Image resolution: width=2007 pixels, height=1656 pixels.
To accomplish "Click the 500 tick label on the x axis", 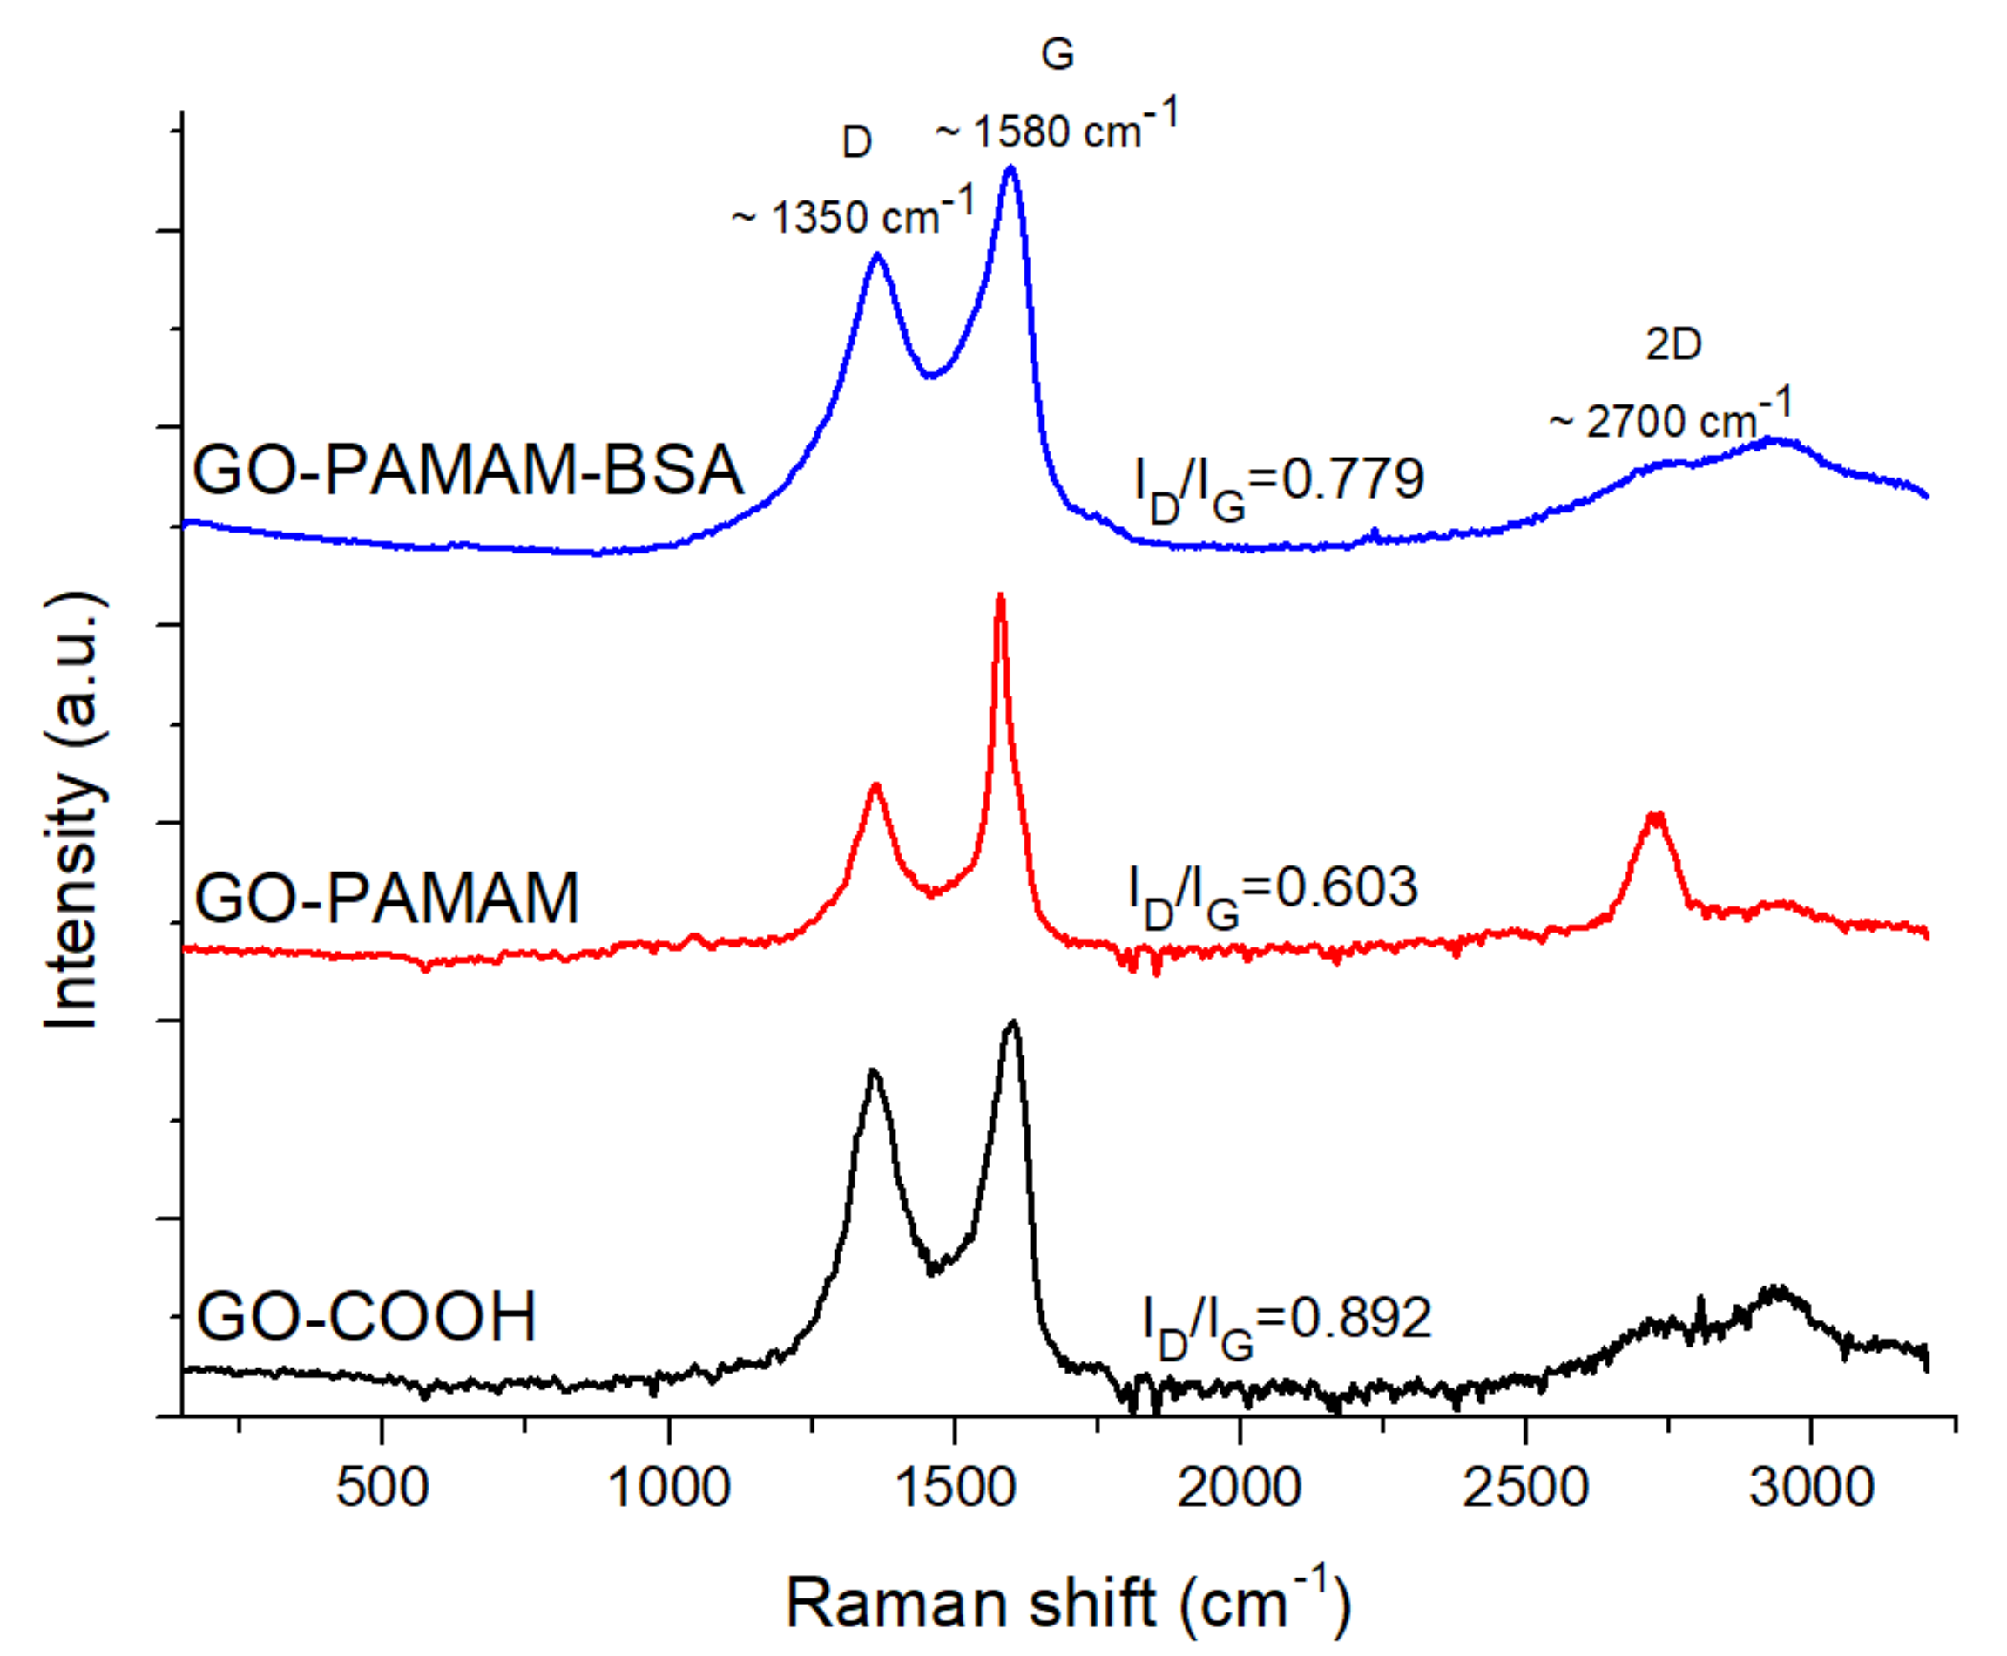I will coord(382,1487).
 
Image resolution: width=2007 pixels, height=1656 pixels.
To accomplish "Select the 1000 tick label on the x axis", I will coord(668,1487).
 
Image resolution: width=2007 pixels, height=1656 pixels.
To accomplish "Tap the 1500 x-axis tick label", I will coord(955,1487).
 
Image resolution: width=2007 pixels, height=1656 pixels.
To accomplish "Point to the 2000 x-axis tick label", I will coord(1240,1487).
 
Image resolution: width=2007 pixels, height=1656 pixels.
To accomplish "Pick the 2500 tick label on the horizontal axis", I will coord(1525,1487).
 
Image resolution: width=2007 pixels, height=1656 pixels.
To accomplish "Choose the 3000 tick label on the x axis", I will coord(1812,1487).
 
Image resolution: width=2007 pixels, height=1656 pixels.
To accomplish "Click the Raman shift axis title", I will coord(1068,1602).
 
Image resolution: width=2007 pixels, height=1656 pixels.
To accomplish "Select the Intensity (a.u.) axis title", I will coord(71,811).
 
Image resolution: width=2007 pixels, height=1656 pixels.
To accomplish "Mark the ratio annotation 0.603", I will coord(1346,887).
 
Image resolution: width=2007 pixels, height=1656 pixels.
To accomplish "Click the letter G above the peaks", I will coord(1058,54).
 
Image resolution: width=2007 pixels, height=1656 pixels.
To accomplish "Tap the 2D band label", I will coord(1673,344).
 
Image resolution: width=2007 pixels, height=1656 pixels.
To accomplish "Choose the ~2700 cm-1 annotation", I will coord(1671,417).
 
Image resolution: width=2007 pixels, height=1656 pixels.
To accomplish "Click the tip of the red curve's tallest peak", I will coord(1000,596).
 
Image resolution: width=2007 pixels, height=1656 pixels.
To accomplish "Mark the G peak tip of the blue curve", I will coord(1010,168).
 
